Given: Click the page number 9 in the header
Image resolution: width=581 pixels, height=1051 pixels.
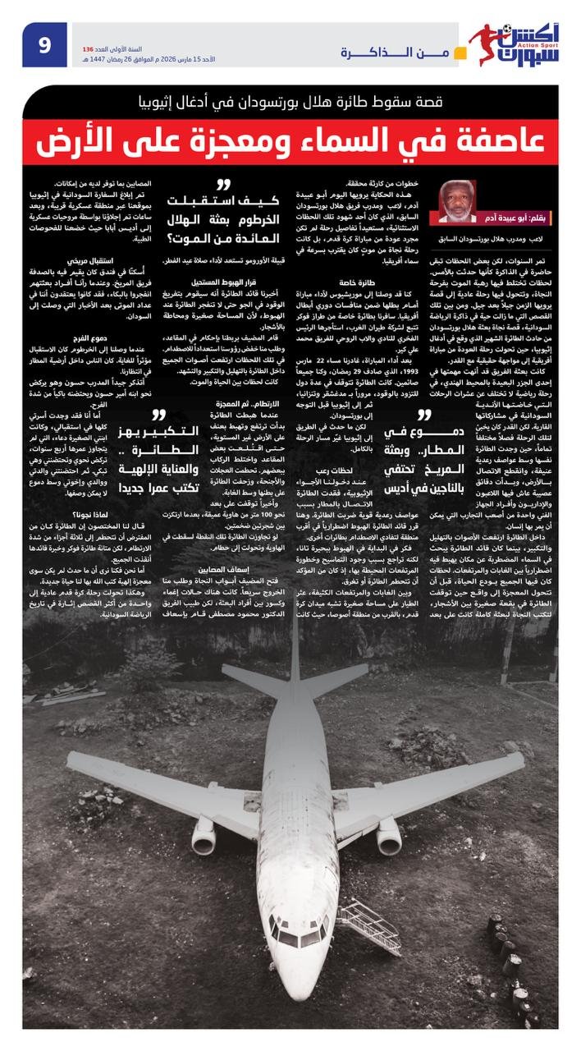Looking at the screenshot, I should point(46,45).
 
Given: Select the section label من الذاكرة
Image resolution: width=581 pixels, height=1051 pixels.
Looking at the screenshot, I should point(393,53).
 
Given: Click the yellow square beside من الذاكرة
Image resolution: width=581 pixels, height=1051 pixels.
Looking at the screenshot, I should point(461,53).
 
